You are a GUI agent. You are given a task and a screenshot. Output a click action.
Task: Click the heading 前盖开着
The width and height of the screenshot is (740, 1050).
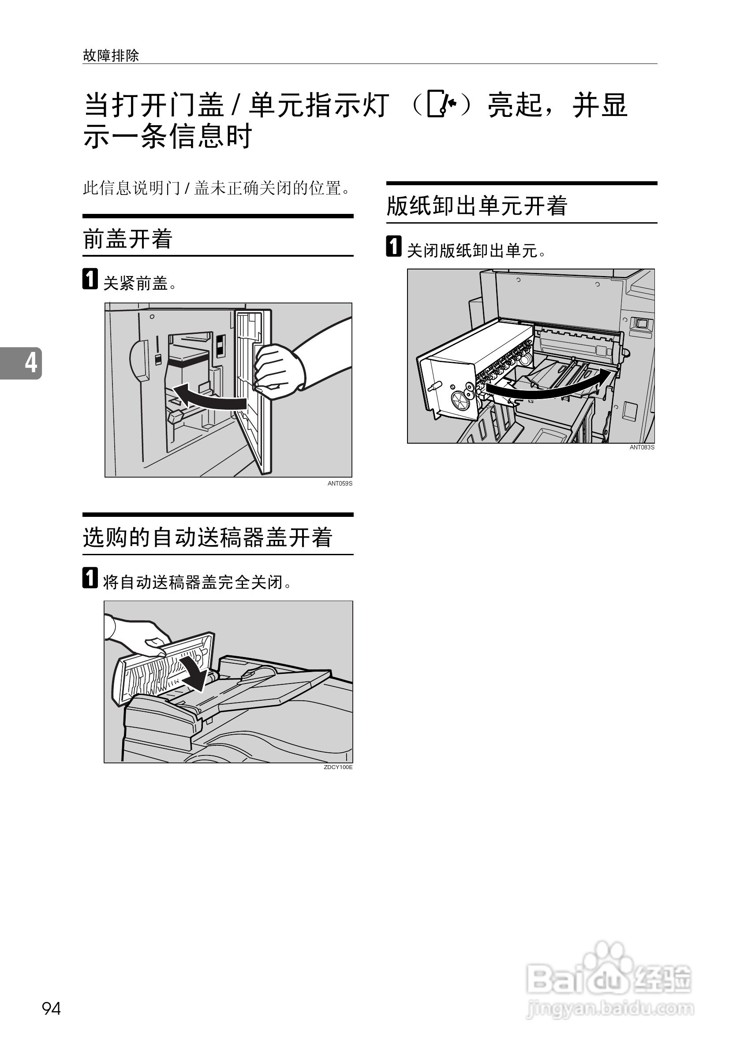point(127,239)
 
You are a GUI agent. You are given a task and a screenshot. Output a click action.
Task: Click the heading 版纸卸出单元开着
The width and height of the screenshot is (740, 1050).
point(477,206)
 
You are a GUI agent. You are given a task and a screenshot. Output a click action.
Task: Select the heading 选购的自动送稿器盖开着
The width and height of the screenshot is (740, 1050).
point(207,537)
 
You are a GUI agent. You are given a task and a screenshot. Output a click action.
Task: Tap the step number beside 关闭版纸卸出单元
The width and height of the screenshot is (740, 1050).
point(394,246)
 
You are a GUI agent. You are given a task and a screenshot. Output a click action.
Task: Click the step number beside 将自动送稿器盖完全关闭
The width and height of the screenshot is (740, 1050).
point(90,578)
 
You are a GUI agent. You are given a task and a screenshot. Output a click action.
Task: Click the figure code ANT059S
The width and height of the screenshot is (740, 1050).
point(340,483)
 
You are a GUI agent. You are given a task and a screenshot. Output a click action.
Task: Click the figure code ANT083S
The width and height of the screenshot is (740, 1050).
point(642,447)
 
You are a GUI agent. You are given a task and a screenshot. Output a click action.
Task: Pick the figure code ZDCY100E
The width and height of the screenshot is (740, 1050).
point(338,767)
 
